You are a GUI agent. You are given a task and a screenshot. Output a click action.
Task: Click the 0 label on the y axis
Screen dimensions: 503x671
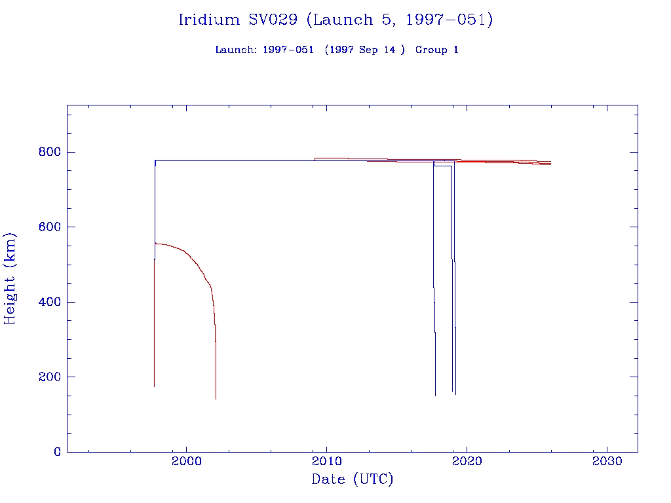click(x=57, y=452)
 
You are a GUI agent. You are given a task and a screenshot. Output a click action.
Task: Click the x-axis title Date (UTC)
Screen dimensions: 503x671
click(x=353, y=480)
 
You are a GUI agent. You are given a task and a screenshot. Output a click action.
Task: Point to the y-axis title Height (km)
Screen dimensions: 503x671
click(x=10, y=278)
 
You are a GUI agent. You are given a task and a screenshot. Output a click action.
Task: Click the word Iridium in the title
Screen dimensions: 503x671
click(x=209, y=20)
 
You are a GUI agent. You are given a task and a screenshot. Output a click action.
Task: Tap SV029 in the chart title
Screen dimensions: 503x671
click(x=274, y=20)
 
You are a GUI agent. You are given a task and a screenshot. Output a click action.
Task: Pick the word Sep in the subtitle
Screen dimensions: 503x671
click(x=368, y=50)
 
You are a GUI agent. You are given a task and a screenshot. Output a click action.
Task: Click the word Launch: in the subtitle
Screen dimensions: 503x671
click(x=236, y=50)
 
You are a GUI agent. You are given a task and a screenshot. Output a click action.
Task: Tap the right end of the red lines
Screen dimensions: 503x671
click(x=550, y=163)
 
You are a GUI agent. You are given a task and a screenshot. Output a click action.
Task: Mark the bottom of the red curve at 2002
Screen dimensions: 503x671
click(x=216, y=398)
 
